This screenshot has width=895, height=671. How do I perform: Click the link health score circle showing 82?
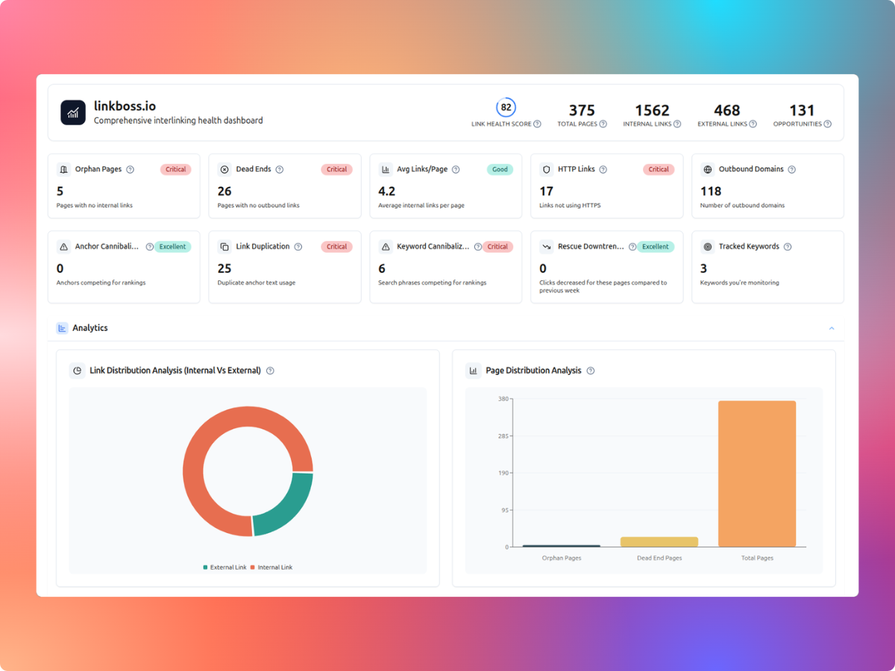point(506,107)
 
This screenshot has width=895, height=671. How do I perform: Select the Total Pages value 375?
point(582,110)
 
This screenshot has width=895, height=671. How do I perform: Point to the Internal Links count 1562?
point(652,110)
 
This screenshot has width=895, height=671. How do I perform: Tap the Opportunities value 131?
point(802,110)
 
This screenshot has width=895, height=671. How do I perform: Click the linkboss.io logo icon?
point(73,113)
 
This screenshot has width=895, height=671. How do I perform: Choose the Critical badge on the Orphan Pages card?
point(175,169)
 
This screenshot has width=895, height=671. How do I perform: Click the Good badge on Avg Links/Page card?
point(500,169)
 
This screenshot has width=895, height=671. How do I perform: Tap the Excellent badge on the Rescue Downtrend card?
point(656,247)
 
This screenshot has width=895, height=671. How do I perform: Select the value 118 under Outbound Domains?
point(711,192)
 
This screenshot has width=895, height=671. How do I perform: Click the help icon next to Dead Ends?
point(280,169)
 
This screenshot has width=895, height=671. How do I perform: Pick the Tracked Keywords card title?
point(748,247)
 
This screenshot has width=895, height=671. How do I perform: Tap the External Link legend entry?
point(224,567)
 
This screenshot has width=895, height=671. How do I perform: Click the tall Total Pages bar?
point(757,474)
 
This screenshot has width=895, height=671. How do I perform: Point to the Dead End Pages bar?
point(659,542)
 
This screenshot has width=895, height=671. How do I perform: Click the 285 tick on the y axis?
point(503,435)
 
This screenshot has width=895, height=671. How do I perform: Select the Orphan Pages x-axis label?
point(562,558)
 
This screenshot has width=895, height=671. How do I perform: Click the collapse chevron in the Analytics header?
point(832,328)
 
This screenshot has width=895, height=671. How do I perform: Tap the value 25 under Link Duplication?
point(224,268)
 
